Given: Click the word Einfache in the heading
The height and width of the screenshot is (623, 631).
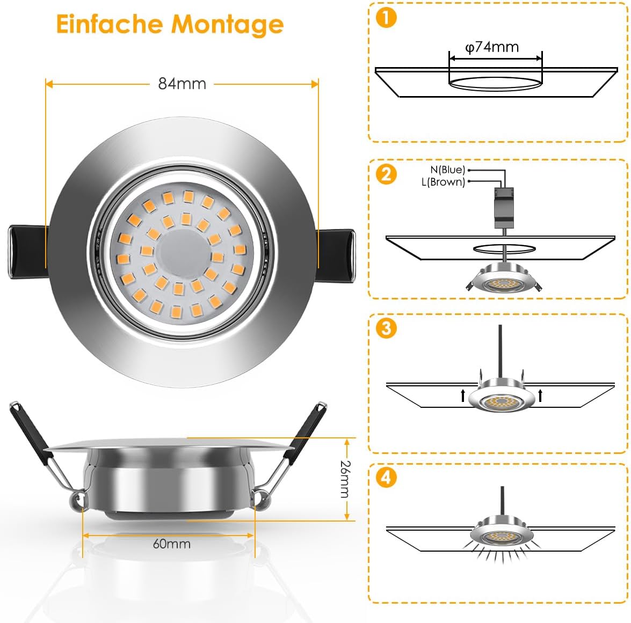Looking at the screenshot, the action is (110, 24).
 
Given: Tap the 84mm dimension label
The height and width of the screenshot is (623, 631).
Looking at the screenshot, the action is (182, 84).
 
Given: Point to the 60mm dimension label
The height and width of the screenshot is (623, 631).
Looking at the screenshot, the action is (171, 544).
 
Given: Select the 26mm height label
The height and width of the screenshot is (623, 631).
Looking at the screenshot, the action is (345, 479).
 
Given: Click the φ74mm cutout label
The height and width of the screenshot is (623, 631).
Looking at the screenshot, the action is (492, 47).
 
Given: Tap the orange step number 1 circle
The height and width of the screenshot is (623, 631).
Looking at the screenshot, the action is (386, 18).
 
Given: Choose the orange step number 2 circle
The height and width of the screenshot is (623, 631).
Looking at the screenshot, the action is (386, 174).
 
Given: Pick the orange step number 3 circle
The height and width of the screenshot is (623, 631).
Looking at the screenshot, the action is (386, 328).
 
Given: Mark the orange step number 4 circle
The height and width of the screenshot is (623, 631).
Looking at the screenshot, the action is (386, 478).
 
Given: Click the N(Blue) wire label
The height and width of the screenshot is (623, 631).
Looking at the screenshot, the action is (447, 170).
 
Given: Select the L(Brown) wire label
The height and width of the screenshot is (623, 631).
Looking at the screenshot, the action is (443, 182).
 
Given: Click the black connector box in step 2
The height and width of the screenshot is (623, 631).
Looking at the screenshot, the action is (504, 208).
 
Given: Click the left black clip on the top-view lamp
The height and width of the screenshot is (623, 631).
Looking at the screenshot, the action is (27, 252).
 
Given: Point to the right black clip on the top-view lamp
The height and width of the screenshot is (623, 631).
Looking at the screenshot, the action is (335, 255).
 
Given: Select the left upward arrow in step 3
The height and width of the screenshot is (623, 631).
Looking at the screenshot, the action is (463, 395).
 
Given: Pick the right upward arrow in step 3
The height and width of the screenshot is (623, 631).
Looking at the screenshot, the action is (540, 395).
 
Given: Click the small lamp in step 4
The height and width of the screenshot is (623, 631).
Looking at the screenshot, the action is (502, 531).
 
